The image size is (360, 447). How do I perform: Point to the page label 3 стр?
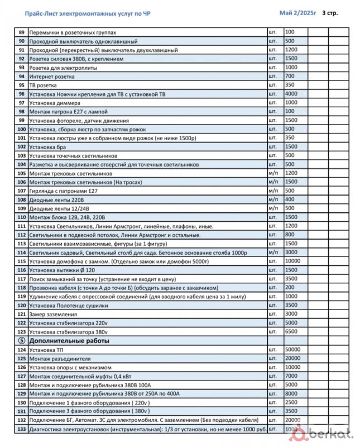tap(330, 12)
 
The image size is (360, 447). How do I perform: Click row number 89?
tap(22, 32)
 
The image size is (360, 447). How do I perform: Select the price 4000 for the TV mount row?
tap(291, 94)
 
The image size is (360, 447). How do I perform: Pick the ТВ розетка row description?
tap(43, 85)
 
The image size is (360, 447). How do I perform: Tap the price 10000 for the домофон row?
tap(294, 261)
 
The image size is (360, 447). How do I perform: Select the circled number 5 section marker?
tap(22, 340)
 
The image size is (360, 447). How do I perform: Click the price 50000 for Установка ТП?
tap(294, 349)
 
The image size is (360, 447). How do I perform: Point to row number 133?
tap(22, 429)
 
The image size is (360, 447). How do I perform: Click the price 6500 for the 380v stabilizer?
tap(291, 331)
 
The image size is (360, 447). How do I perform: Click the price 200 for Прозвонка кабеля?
tap(290, 287)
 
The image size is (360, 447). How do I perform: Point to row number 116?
tap(22, 270)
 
